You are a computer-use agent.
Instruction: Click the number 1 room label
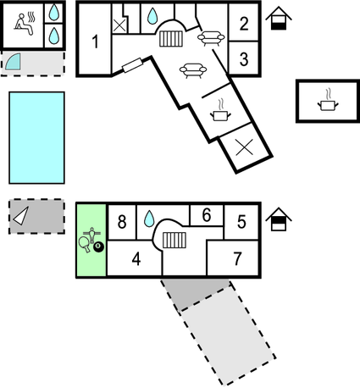coord(96,42)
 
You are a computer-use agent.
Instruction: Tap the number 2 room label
coord(244,24)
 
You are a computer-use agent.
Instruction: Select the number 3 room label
coord(244,59)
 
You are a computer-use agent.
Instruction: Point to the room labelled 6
coord(207,215)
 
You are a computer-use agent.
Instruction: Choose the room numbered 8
coord(122,222)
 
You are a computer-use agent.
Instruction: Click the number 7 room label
coord(237,258)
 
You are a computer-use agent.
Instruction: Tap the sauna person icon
coord(25,24)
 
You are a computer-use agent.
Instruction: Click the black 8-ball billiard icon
coord(98,247)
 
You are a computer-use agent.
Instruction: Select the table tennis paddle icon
coord(84,244)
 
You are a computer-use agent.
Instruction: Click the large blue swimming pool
coord(36,138)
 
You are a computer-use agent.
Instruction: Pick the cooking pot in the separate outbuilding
coord(328,101)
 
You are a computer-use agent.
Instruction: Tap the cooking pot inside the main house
coord(220,111)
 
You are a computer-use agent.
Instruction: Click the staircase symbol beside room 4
coord(174,240)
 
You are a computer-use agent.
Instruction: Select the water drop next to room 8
coord(149,219)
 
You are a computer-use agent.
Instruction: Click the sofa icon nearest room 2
coord(211,38)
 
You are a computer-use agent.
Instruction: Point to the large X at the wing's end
coord(244,147)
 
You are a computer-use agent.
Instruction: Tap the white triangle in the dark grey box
coord(21,216)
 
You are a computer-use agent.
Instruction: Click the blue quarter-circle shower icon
coord(14,62)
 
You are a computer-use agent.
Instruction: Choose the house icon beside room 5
coord(279,219)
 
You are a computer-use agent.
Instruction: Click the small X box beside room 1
coord(119,25)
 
